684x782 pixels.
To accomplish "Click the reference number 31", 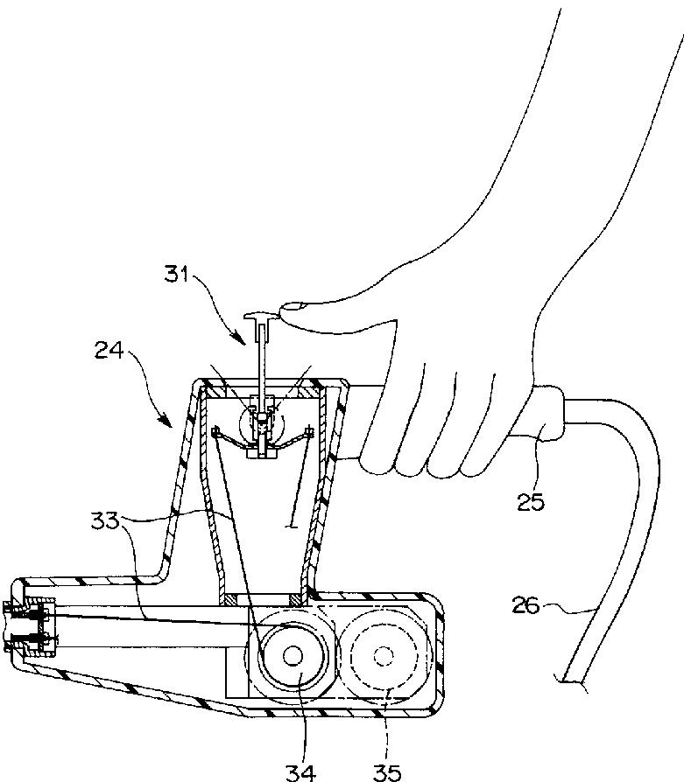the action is point(176,275).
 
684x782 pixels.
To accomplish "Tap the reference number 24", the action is point(109,350).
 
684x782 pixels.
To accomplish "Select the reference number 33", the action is point(105,521).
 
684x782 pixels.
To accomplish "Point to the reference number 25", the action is point(530,502).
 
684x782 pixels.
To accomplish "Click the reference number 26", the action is point(525,605).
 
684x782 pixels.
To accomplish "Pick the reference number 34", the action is point(301,772).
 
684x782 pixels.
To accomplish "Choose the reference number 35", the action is point(387,772).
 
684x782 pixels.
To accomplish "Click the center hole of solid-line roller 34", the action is point(293,656).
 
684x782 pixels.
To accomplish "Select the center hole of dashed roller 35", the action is point(383,656).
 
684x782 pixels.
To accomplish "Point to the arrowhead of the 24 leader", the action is point(166,422).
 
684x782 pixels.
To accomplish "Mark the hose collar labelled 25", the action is point(547,413).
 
